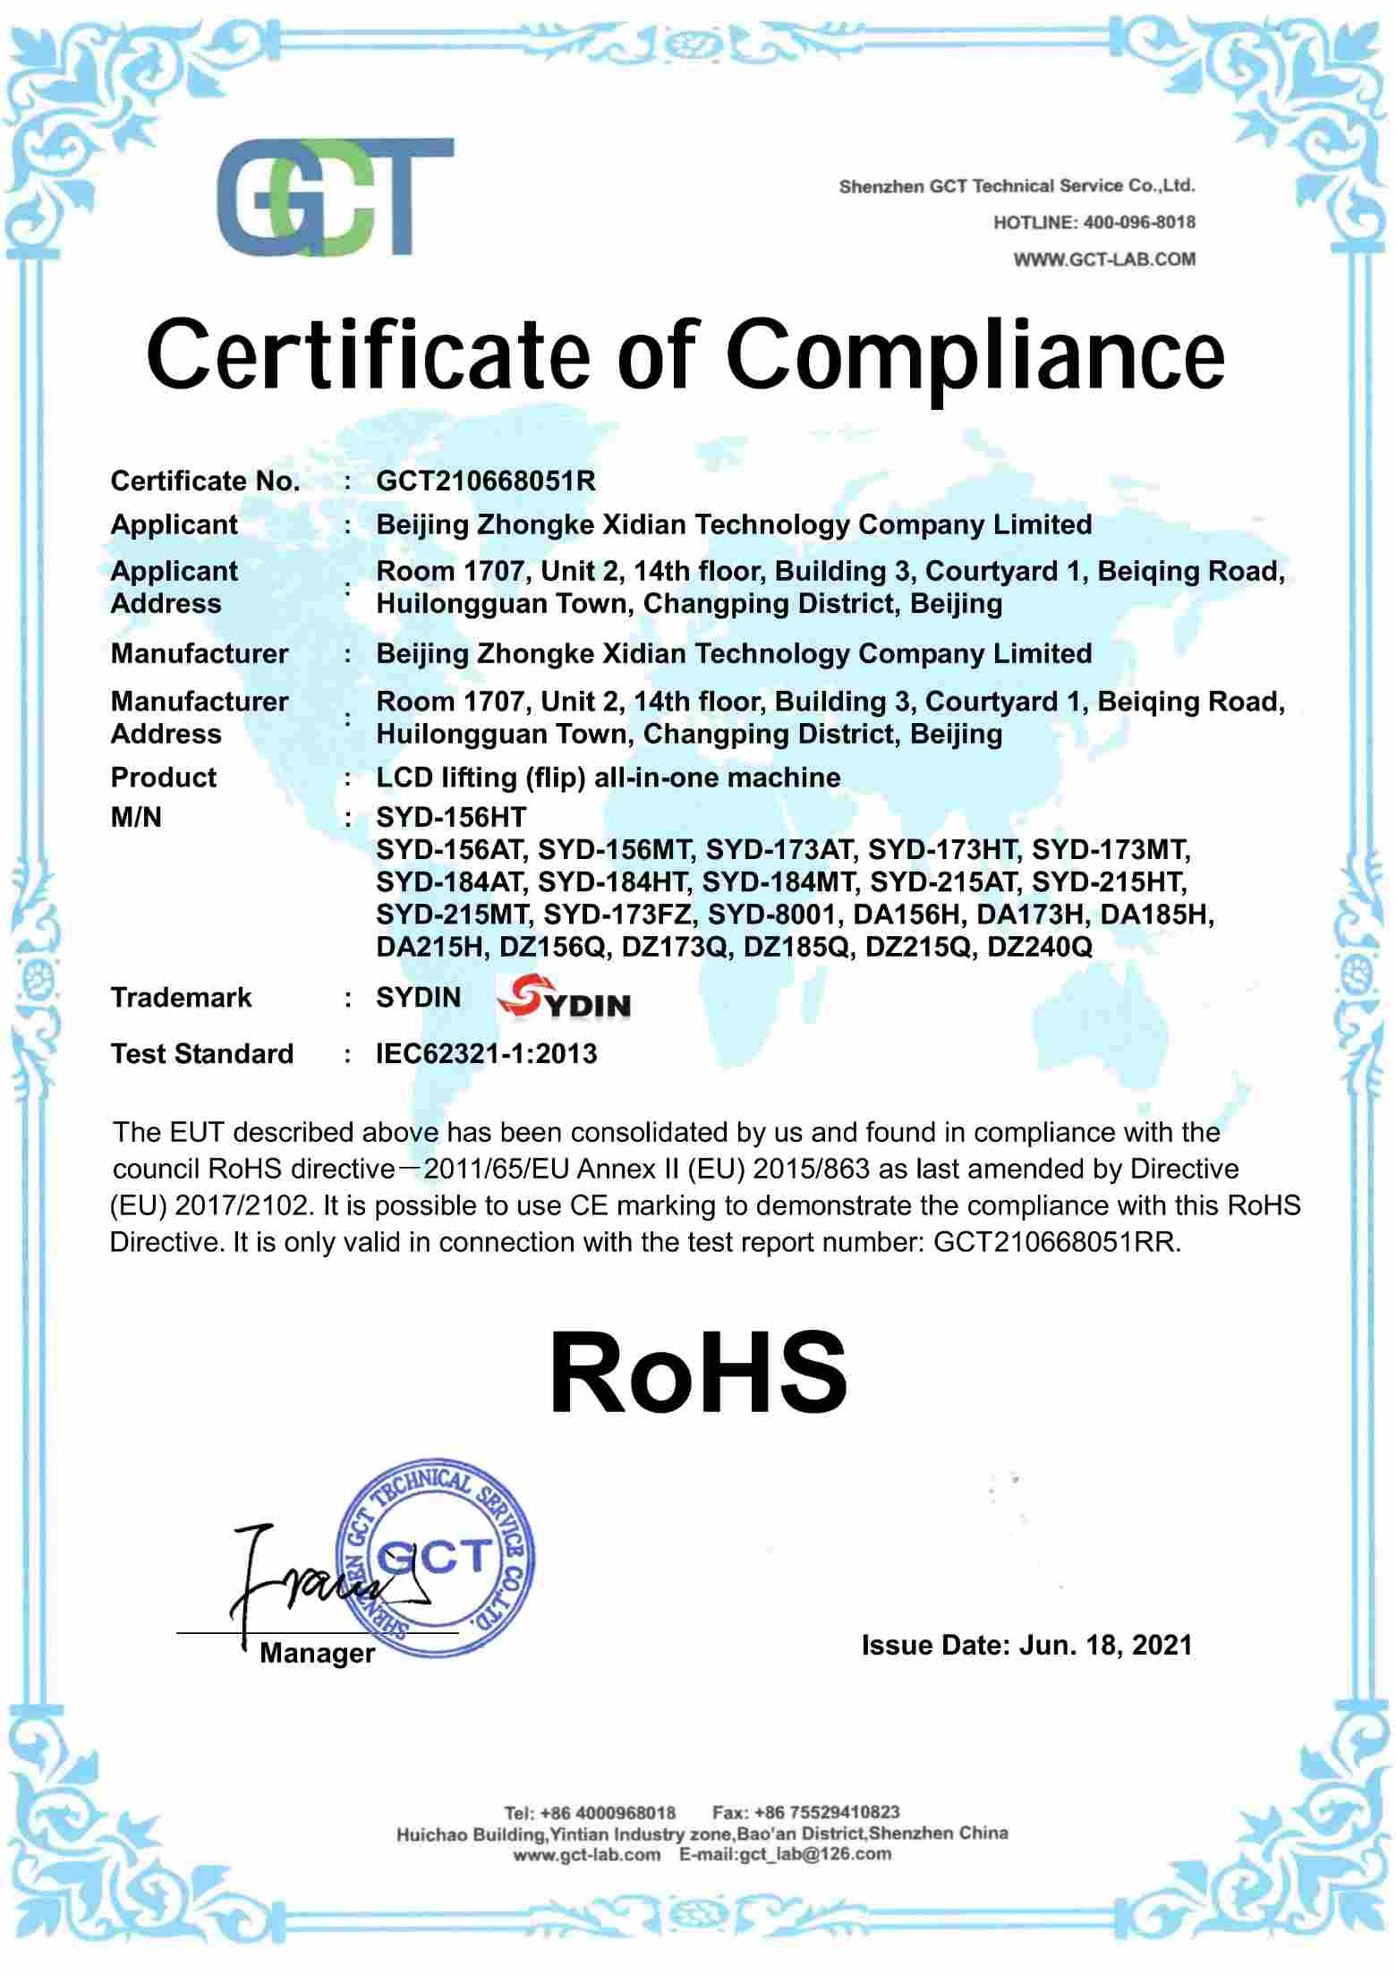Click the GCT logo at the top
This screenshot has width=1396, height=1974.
tap(336, 197)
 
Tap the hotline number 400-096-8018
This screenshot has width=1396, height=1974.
tap(1138, 223)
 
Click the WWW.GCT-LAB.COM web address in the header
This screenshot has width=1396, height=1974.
tap(1104, 260)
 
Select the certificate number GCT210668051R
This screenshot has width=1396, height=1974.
tap(486, 481)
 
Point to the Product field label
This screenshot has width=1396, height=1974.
tap(163, 777)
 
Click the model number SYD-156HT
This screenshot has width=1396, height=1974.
tap(451, 816)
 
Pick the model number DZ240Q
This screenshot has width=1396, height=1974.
tap(1039, 947)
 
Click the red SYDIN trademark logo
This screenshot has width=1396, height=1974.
tap(564, 1000)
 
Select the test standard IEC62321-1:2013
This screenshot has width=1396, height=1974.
tap(486, 1053)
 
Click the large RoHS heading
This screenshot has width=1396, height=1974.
tap(698, 1373)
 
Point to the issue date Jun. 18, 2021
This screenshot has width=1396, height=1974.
tap(1105, 1645)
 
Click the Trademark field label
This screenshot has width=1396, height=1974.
tap(181, 997)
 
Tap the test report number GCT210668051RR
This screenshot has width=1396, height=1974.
tap(1056, 1242)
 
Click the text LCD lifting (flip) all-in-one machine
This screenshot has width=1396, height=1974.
tap(608, 777)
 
